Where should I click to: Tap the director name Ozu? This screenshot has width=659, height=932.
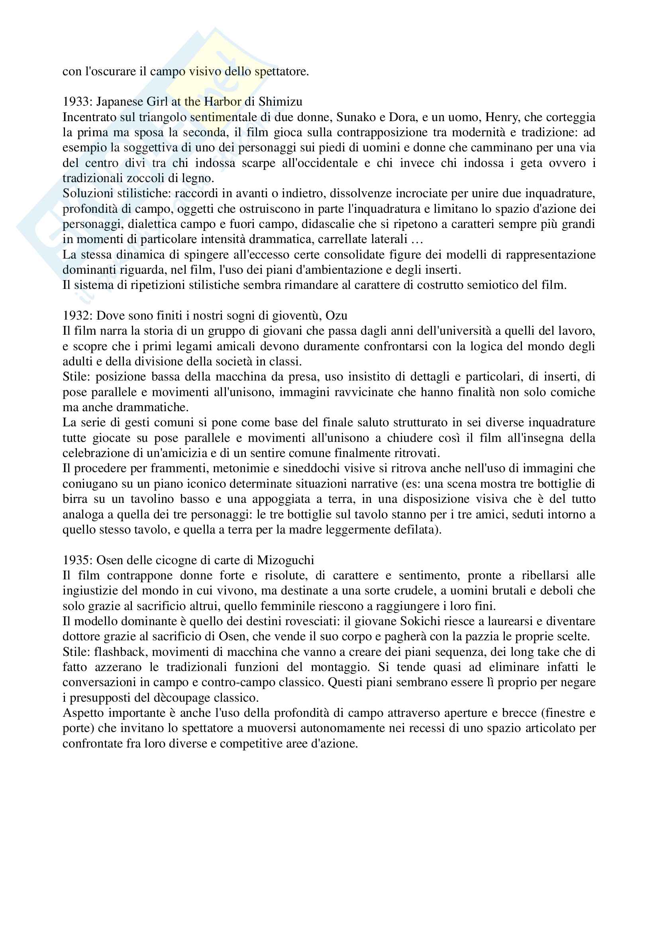[x=336, y=316]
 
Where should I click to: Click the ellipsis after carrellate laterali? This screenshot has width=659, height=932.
[x=417, y=239]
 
